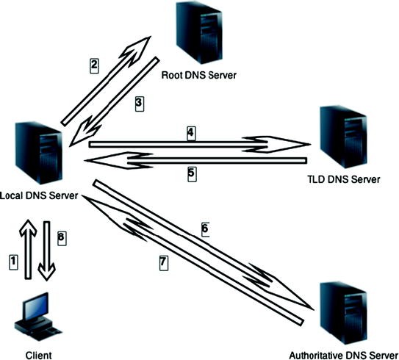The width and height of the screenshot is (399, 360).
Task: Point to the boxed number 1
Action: click(x=11, y=259)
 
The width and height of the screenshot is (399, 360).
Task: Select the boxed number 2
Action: click(x=94, y=65)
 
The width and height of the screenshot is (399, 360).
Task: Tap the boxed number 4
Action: click(x=191, y=133)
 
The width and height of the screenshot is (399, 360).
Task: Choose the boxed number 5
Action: click(x=191, y=173)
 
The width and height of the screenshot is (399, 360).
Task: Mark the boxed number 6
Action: click(x=206, y=228)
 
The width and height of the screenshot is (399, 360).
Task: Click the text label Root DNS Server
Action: click(x=199, y=75)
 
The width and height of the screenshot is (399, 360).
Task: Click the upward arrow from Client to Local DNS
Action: click(x=27, y=248)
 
